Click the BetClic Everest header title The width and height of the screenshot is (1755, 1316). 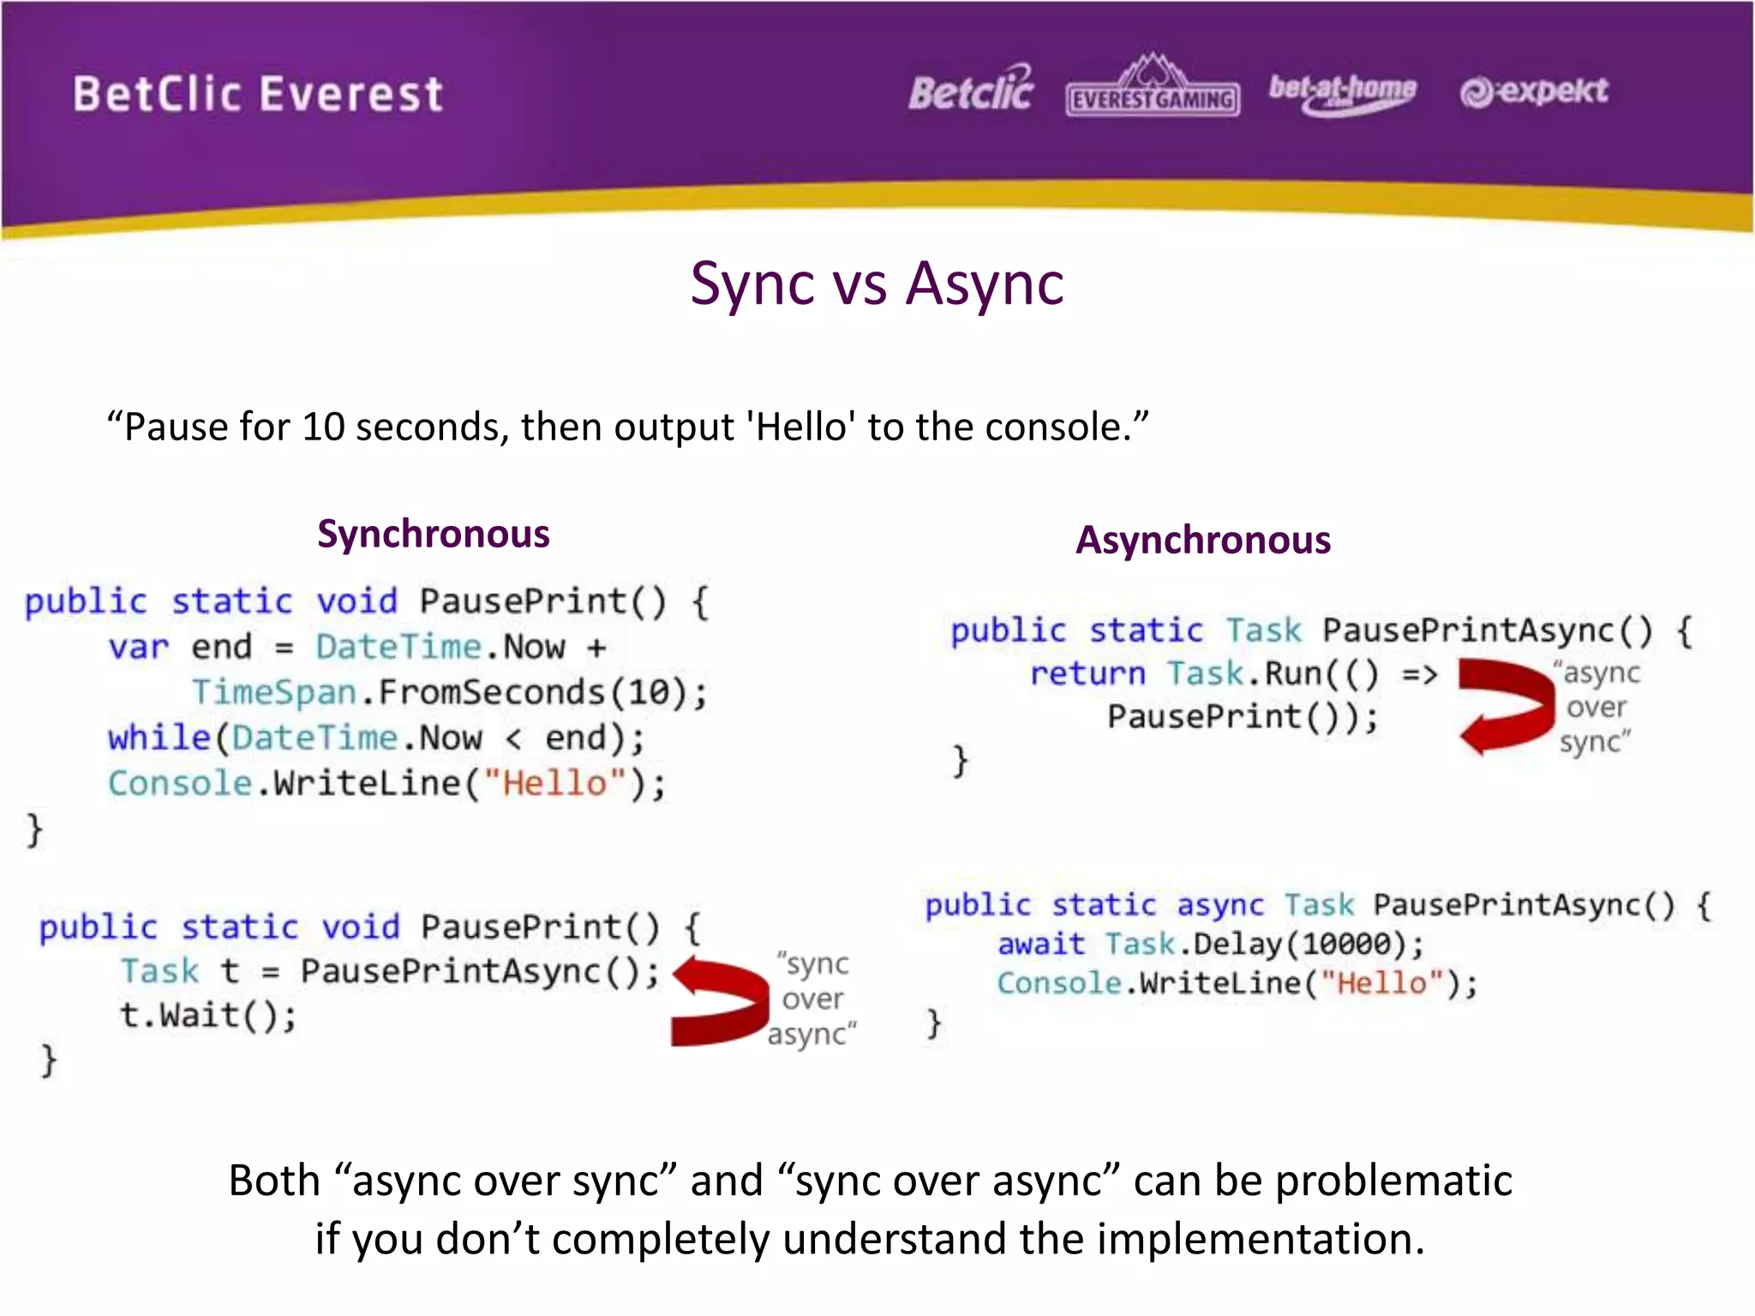[257, 94]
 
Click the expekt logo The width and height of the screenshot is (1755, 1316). [1534, 91]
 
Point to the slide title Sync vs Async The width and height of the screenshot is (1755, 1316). [877, 284]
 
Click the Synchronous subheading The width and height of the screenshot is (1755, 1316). [433, 534]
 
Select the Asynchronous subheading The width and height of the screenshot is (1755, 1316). [1203, 541]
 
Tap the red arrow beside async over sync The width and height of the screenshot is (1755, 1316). [1506, 706]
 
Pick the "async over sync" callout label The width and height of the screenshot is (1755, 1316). [1596, 708]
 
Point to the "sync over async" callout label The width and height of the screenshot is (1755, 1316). [812, 999]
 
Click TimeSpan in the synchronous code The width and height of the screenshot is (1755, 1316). [273, 692]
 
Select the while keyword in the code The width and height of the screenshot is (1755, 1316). [159, 738]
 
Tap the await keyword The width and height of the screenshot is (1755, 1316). [1040, 944]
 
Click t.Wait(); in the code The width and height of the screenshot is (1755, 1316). [207, 1015]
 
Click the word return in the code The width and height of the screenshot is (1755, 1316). [1087, 673]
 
